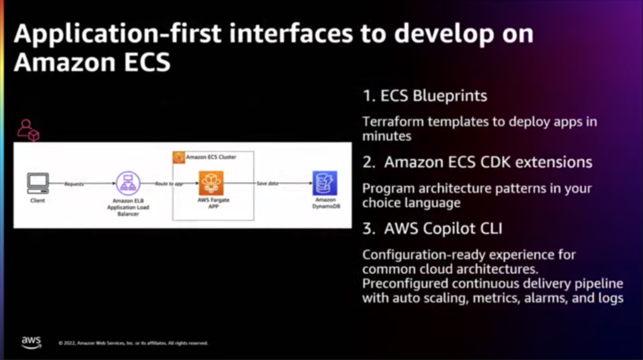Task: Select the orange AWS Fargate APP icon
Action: tap(209, 182)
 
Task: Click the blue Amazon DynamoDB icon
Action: tap(324, 182)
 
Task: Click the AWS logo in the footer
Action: tap(31, 342)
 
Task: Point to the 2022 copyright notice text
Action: tap(133, 343)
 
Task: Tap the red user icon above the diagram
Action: tap(28, 129)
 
